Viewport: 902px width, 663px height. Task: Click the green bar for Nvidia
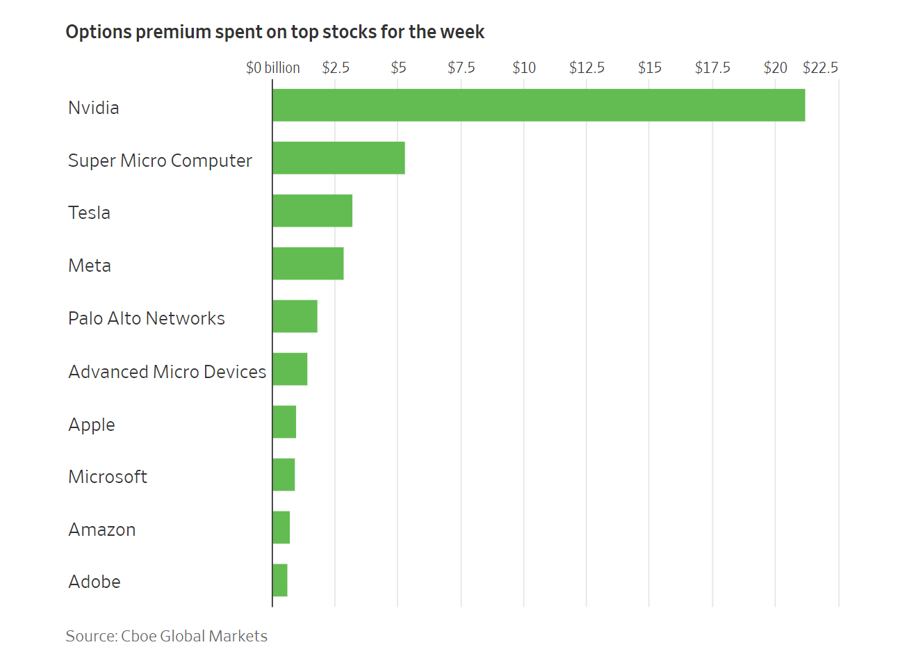pyautogui.click(x=539, y=105)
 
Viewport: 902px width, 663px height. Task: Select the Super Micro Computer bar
pyautogui.click(x=338, y=158)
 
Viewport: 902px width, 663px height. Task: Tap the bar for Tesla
pyautogui.click(x=312, y=211)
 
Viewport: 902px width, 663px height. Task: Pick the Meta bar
pyautogui.click(x=308, y=263)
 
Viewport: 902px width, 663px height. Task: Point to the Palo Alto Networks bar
pyautogui.click(x=295, y=316)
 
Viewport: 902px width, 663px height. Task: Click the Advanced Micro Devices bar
pyautogui.click(x=290, y=369)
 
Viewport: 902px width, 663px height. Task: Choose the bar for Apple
pyautogui.click(x=284, y=422)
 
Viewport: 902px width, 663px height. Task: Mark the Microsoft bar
pyautogui.click(x=284, y=475)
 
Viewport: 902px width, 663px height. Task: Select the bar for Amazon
pyautogui.click(x=281, y=527)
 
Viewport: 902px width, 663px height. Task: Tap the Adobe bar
pyautogui.click(x=279, y=580)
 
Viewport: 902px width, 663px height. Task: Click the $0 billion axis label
pyautogui.click(x=272, y=67)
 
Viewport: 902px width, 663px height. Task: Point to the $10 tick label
pyautogui.click(x=524, y=67)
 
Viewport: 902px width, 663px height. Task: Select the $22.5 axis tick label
pyautogui.click(x=820, y=67)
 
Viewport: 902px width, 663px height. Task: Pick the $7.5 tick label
pyautogui.click(x=461, y=67)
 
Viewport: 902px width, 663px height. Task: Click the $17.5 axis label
pyautogui.click(x=712, y=67)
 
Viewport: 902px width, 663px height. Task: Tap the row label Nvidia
pyautogui.click(x=94, y=108)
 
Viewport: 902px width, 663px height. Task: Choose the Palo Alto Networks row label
pyautogui.click(x=147, y=318)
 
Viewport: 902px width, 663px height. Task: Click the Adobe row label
pyautogui.click(x=95, y=582)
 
